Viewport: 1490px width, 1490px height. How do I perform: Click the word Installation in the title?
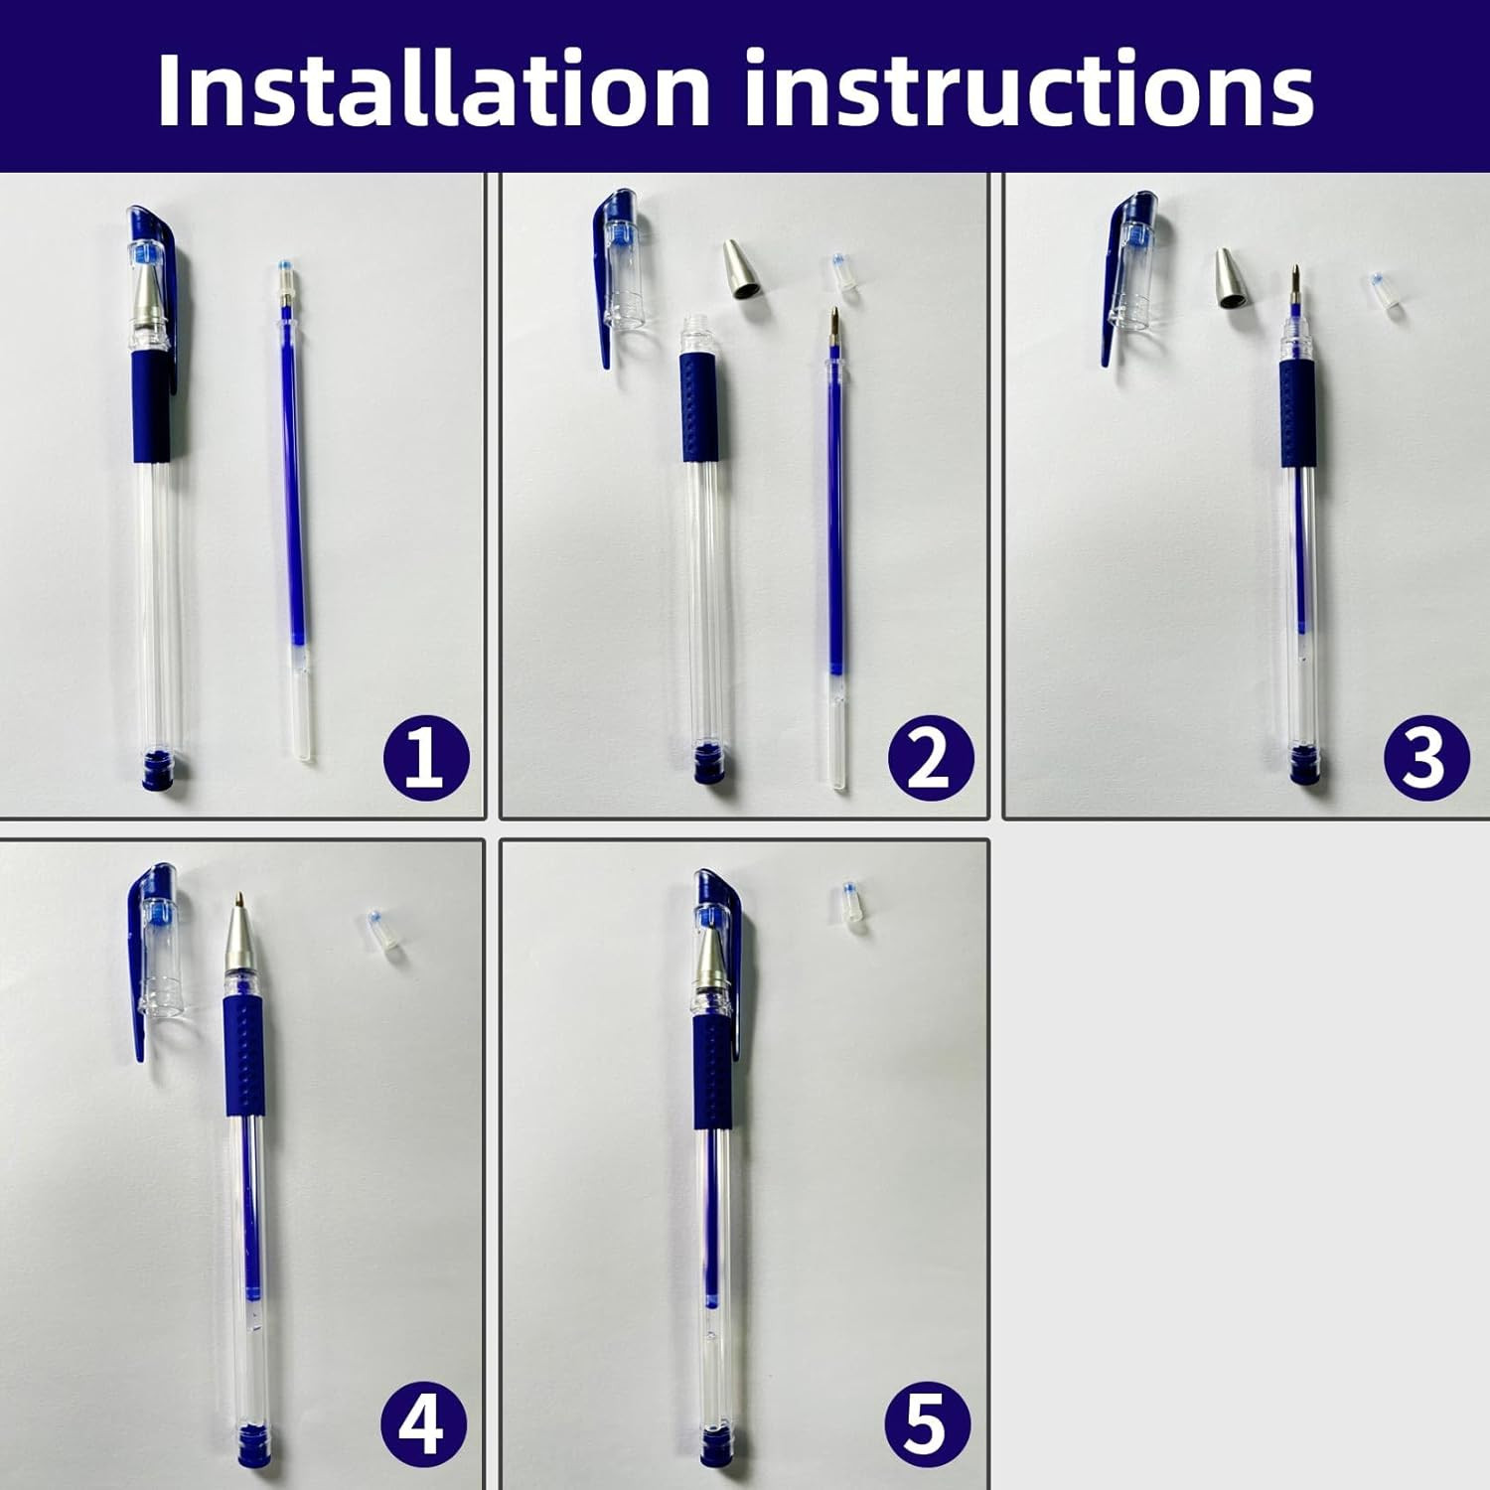pos(433,88)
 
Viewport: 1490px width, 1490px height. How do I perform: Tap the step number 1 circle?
pos(426,758)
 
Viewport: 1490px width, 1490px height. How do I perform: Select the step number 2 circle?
pos(930,758)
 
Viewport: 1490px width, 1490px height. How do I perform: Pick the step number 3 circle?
pos(1425,758)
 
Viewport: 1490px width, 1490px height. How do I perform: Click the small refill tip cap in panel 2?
pos(844,273)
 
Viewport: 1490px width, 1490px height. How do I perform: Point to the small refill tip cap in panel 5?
pos(851,907)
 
